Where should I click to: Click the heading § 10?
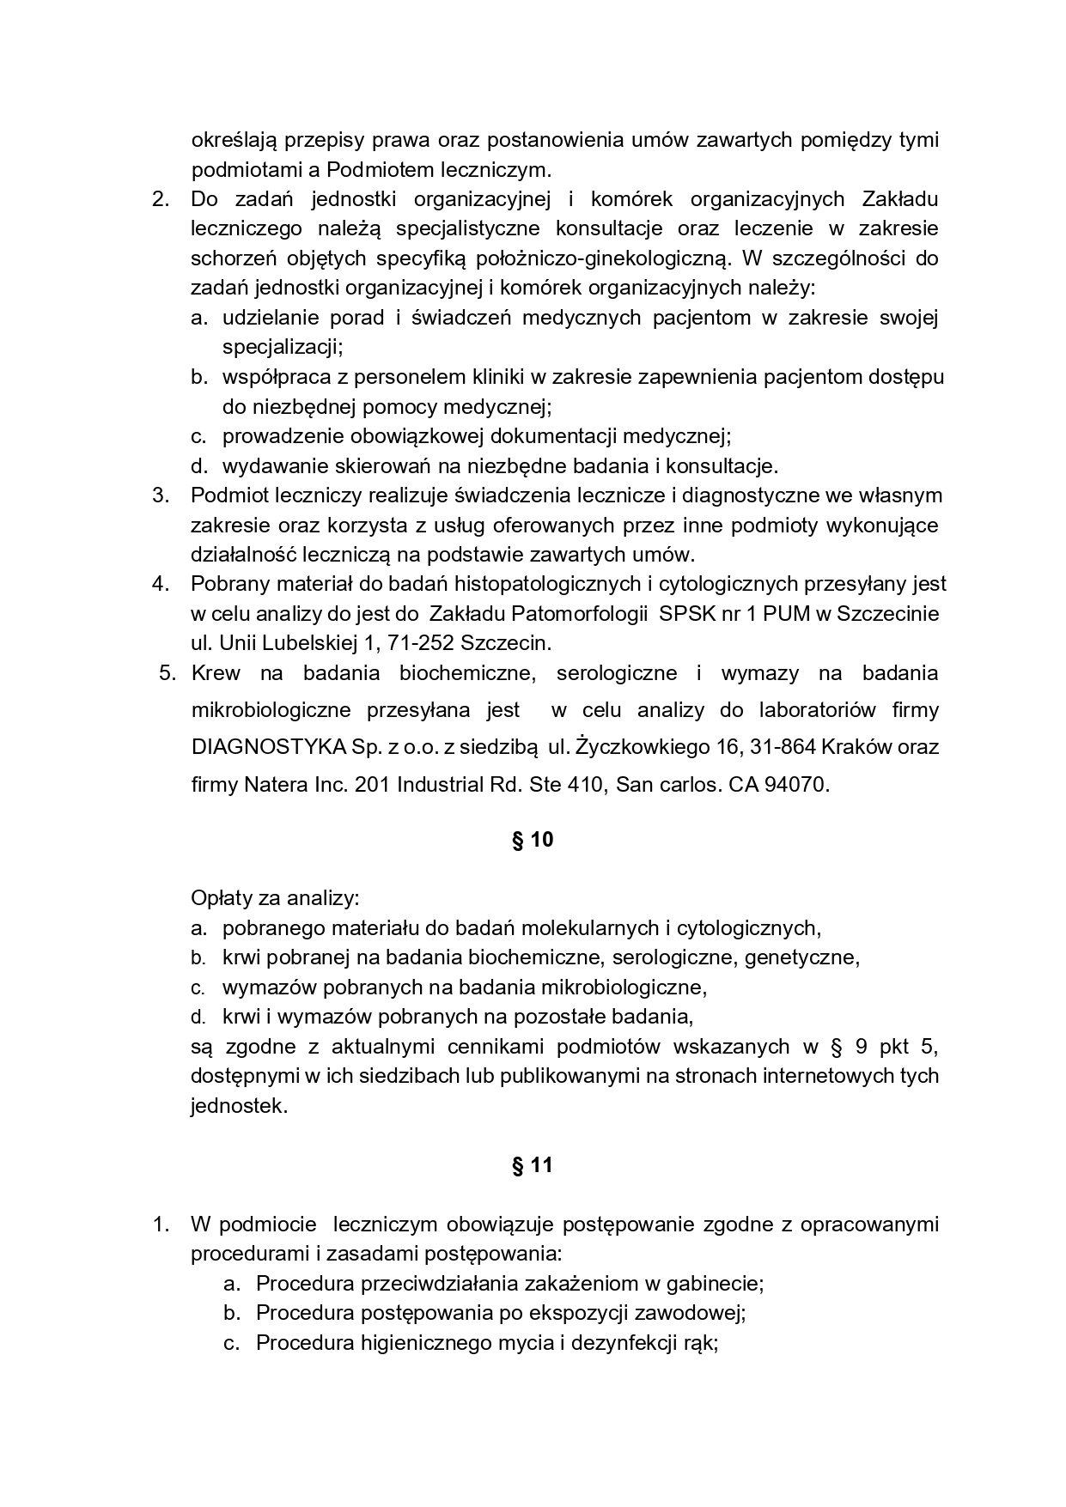point(533,840)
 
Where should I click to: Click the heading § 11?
point(533,1165)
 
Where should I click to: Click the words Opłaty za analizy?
point(275,898)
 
